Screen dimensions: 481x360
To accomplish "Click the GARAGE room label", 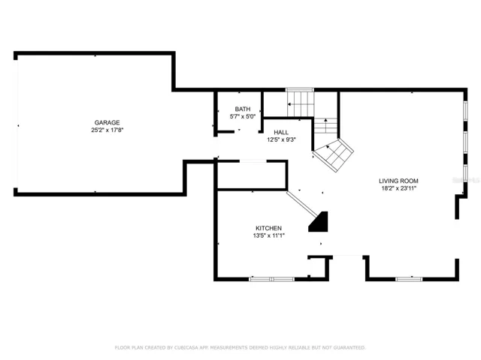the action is click(x=107, y=122).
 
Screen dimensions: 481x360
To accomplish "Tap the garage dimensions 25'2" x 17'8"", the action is click(x=107, y=130).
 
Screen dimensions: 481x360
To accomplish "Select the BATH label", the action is click(x=243, y=109).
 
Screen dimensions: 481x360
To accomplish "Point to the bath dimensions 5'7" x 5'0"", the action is click(x=243, y=116).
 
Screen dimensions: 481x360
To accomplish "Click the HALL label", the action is click(x=281, y=132).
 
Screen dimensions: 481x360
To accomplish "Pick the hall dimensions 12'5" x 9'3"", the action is click(x=281, y=140).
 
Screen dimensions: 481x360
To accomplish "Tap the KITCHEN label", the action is click(x=269, y=228).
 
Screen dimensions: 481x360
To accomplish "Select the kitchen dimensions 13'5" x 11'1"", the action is click(x=269, y=235).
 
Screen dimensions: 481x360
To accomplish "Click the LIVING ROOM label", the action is click(x=398, y=181).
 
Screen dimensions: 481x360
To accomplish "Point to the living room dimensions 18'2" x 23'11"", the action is click(x=399, y=188).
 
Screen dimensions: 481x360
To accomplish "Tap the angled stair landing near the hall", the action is click(x=334, y=155).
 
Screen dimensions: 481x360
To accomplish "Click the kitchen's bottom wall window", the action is click(x=272, y=279).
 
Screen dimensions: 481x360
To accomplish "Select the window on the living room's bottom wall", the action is click(x=409, y=279).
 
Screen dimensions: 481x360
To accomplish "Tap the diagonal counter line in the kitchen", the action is click(x=302, y=203).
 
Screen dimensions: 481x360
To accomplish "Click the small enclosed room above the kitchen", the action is click(x=252, y=175).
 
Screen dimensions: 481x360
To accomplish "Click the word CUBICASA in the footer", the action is click(x=186, y=347).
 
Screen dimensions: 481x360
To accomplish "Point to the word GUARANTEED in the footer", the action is click(x=349, y=347).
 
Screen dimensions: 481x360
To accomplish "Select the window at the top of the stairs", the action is click(x=300, y=90).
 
